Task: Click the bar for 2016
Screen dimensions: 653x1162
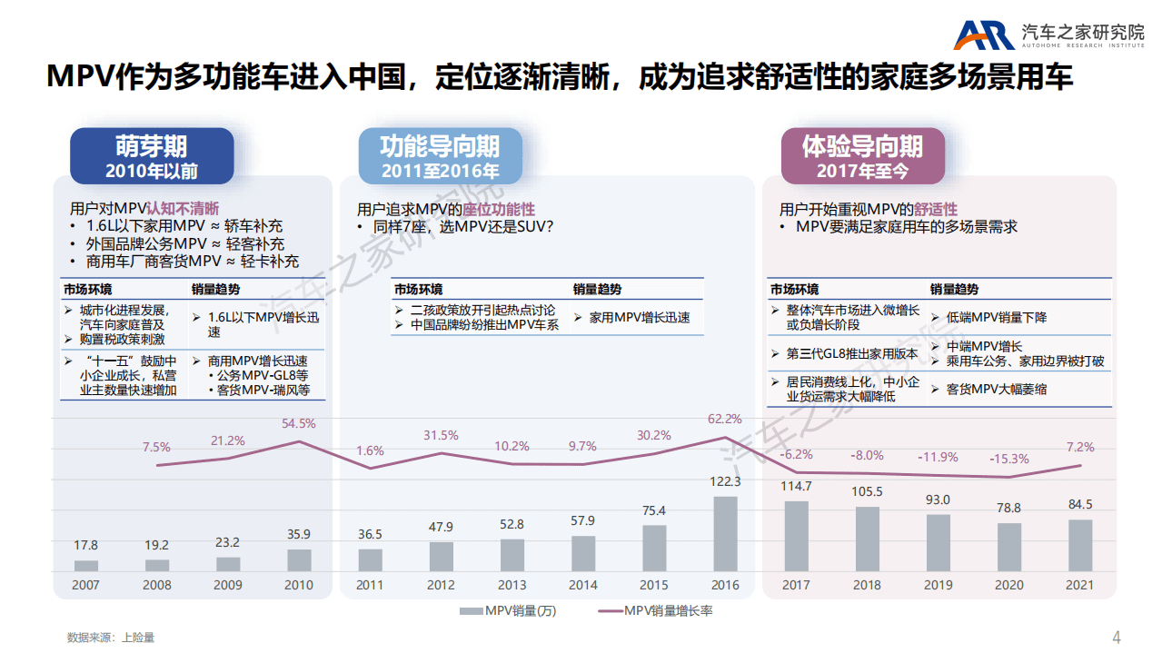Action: pyautogui.click(x=725, y=533)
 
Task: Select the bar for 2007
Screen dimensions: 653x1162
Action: pyautogui.click(x=86, y=565)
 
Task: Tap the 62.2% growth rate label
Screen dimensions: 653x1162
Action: pyautogui.click(x=725, y=419)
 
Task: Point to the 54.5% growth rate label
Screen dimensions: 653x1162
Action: pyautogui.click(x=299, y=423)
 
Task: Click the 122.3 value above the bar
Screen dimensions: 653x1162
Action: pyautogui.click(x=725, y=481)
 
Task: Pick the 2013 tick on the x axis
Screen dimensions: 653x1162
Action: pyautogui.click(x=512, y=585)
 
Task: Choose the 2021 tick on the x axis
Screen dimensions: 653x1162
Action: pyautogui.click(x=1079, y=585)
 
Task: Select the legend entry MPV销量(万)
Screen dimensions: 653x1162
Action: pyautogui.click(x=509, y=611)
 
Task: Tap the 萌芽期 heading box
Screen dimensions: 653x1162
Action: pyautogui.click(x=152, y=156)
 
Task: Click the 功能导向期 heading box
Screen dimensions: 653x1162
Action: pyautogui.click(x=440, y=156)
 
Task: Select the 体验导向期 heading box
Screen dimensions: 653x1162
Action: pyautogui.click(x=862, y=156)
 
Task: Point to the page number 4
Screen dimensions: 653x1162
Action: pyautogui.click(x=1117, y=636)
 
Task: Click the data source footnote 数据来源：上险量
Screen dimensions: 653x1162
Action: pyautogui.click(x=111, y=638)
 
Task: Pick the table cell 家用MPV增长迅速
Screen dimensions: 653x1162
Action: pyautogui.click(x=639, y=318)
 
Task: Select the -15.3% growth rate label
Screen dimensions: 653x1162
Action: pyautogui.click(x=1010, y=459)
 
